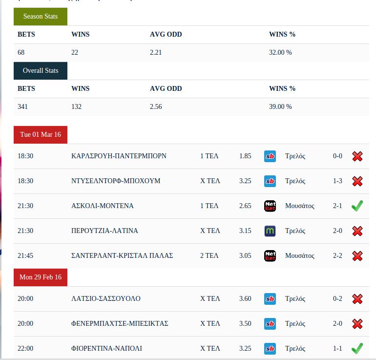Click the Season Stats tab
pyautogui.click(x=41, y=17)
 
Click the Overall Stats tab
pyautogui.click(x=41, y=71)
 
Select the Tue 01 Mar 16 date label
pyautogui.click(x=41, y=135)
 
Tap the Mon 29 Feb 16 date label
pyautogui.click(x=41, y=277)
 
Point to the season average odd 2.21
pyautogui.click(x=156, y=52)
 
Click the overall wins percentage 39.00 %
pyautogui.click(x=280, y=106)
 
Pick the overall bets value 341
pyautogui.click(x=23, y=106)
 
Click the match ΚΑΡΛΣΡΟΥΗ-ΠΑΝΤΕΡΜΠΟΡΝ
pyautogui.click(x=119, y=156)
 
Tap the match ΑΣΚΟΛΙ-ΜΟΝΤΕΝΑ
pyautogui.click(x=102, y=206)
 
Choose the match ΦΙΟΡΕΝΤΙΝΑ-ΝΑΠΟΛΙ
pyautogui.click(x=106, y=349)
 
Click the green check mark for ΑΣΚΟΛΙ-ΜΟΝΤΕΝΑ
pyautogui.click(x=357, y=206)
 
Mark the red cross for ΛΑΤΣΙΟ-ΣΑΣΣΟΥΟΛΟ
pyautogui.click(x=357, y=299)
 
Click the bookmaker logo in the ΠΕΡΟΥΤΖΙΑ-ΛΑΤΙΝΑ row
pyautogui.click(x=270, y=231)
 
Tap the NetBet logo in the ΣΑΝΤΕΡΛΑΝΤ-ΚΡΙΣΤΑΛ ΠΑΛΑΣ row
pyautogui.click(x=270, y=256)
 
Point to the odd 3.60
pyautogui.click(x=245, y=299)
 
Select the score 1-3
pyautogui.click(x=337, y=181)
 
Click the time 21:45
pyautogui.click(x=25, y=256)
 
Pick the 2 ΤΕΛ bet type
pyautogui.click(x=209, y=256)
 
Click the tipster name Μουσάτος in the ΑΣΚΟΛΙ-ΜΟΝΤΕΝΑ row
pyautogui.click(x=300, y=206)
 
